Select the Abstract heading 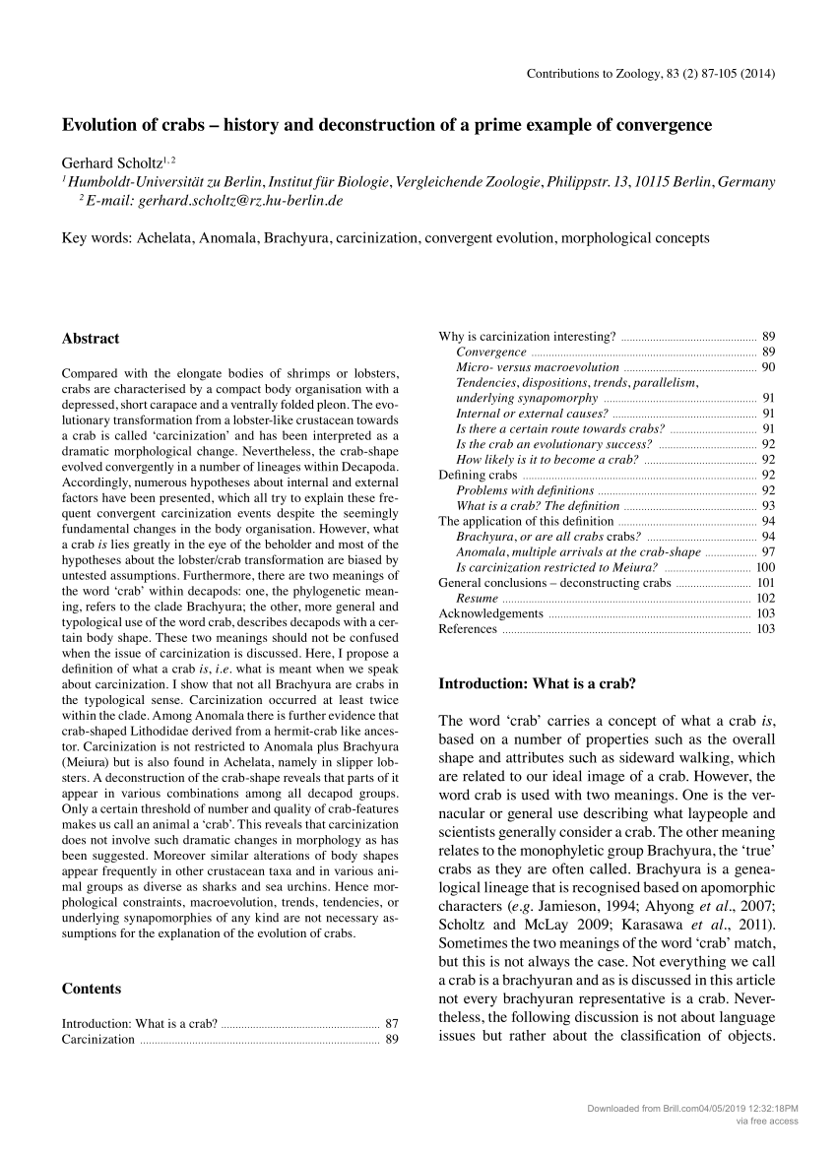click(x=91, y=339)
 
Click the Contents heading click(x=92, y=989)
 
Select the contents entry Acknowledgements click(x=490, y=613)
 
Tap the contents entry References click(x=468, y=629)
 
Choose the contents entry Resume click(x=478, y=598)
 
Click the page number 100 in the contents click(x=765, y=567)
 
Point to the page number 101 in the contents click(x=765, y=583)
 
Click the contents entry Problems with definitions click(x=525, y=490)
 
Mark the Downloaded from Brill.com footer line click(x=692, y=1108)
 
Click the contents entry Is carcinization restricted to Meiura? click(x=556, y=567)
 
